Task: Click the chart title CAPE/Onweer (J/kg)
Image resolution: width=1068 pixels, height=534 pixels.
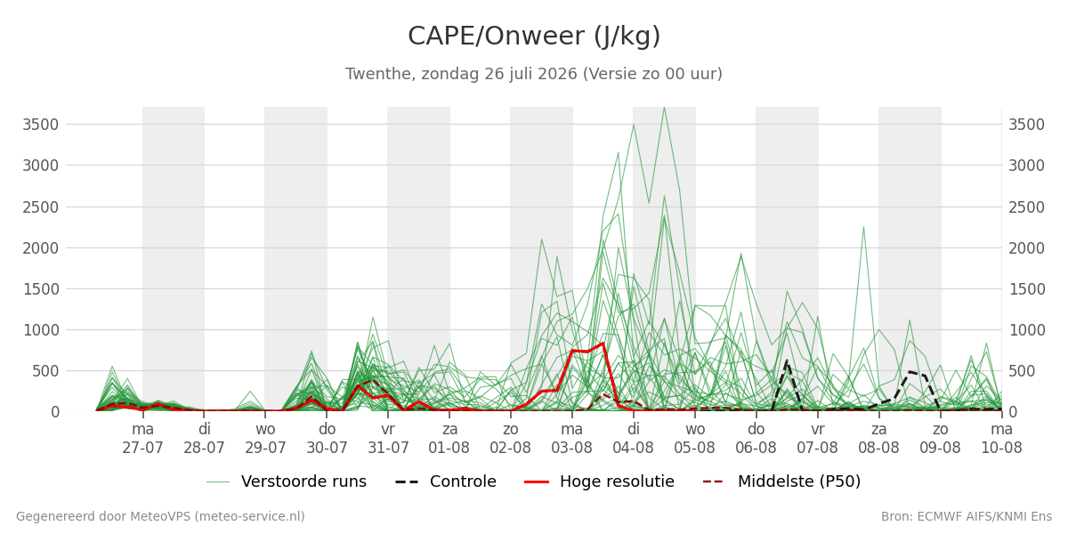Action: (x=534, y=36)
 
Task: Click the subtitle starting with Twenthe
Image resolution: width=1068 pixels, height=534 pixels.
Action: (x=534, y=74)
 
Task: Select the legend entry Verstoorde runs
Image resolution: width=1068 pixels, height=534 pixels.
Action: (x=287, y=481)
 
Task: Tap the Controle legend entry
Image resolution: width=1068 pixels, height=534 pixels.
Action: (x=446, y=481)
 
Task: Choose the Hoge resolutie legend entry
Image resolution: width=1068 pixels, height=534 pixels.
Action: (x=599, y=481)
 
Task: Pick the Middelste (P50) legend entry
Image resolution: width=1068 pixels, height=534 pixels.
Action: (x=782, y=481)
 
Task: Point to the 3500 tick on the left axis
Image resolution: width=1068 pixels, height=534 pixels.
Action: (x=41, y=125)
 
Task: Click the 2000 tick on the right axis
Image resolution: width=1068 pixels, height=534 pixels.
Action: (x=1026, y=248)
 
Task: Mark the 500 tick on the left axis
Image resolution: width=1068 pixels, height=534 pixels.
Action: (x=45, y=371)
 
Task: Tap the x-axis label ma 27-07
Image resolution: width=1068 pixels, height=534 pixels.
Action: (x=142, y=439)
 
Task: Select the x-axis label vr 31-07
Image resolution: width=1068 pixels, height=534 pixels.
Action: (x=388, y=439)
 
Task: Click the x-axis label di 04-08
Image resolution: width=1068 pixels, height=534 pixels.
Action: (x=633, y=439)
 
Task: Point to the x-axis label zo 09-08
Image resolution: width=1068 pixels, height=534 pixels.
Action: (x=940, y=439)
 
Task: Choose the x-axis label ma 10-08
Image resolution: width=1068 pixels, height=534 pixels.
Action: (x=1001, y=439)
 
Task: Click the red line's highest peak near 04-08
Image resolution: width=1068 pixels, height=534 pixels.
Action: (x=603, y=344)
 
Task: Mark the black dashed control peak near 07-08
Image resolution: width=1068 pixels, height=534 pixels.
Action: (x=787, y=361)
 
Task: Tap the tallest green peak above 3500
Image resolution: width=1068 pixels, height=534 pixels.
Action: (x=664, y=108)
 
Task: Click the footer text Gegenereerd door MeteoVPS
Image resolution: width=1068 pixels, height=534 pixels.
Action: (x=160, y=516)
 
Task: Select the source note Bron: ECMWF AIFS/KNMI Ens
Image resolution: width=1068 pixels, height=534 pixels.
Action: (x=967, y=516)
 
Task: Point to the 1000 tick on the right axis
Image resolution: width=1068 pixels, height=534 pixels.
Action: (x=1026, y=330)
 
